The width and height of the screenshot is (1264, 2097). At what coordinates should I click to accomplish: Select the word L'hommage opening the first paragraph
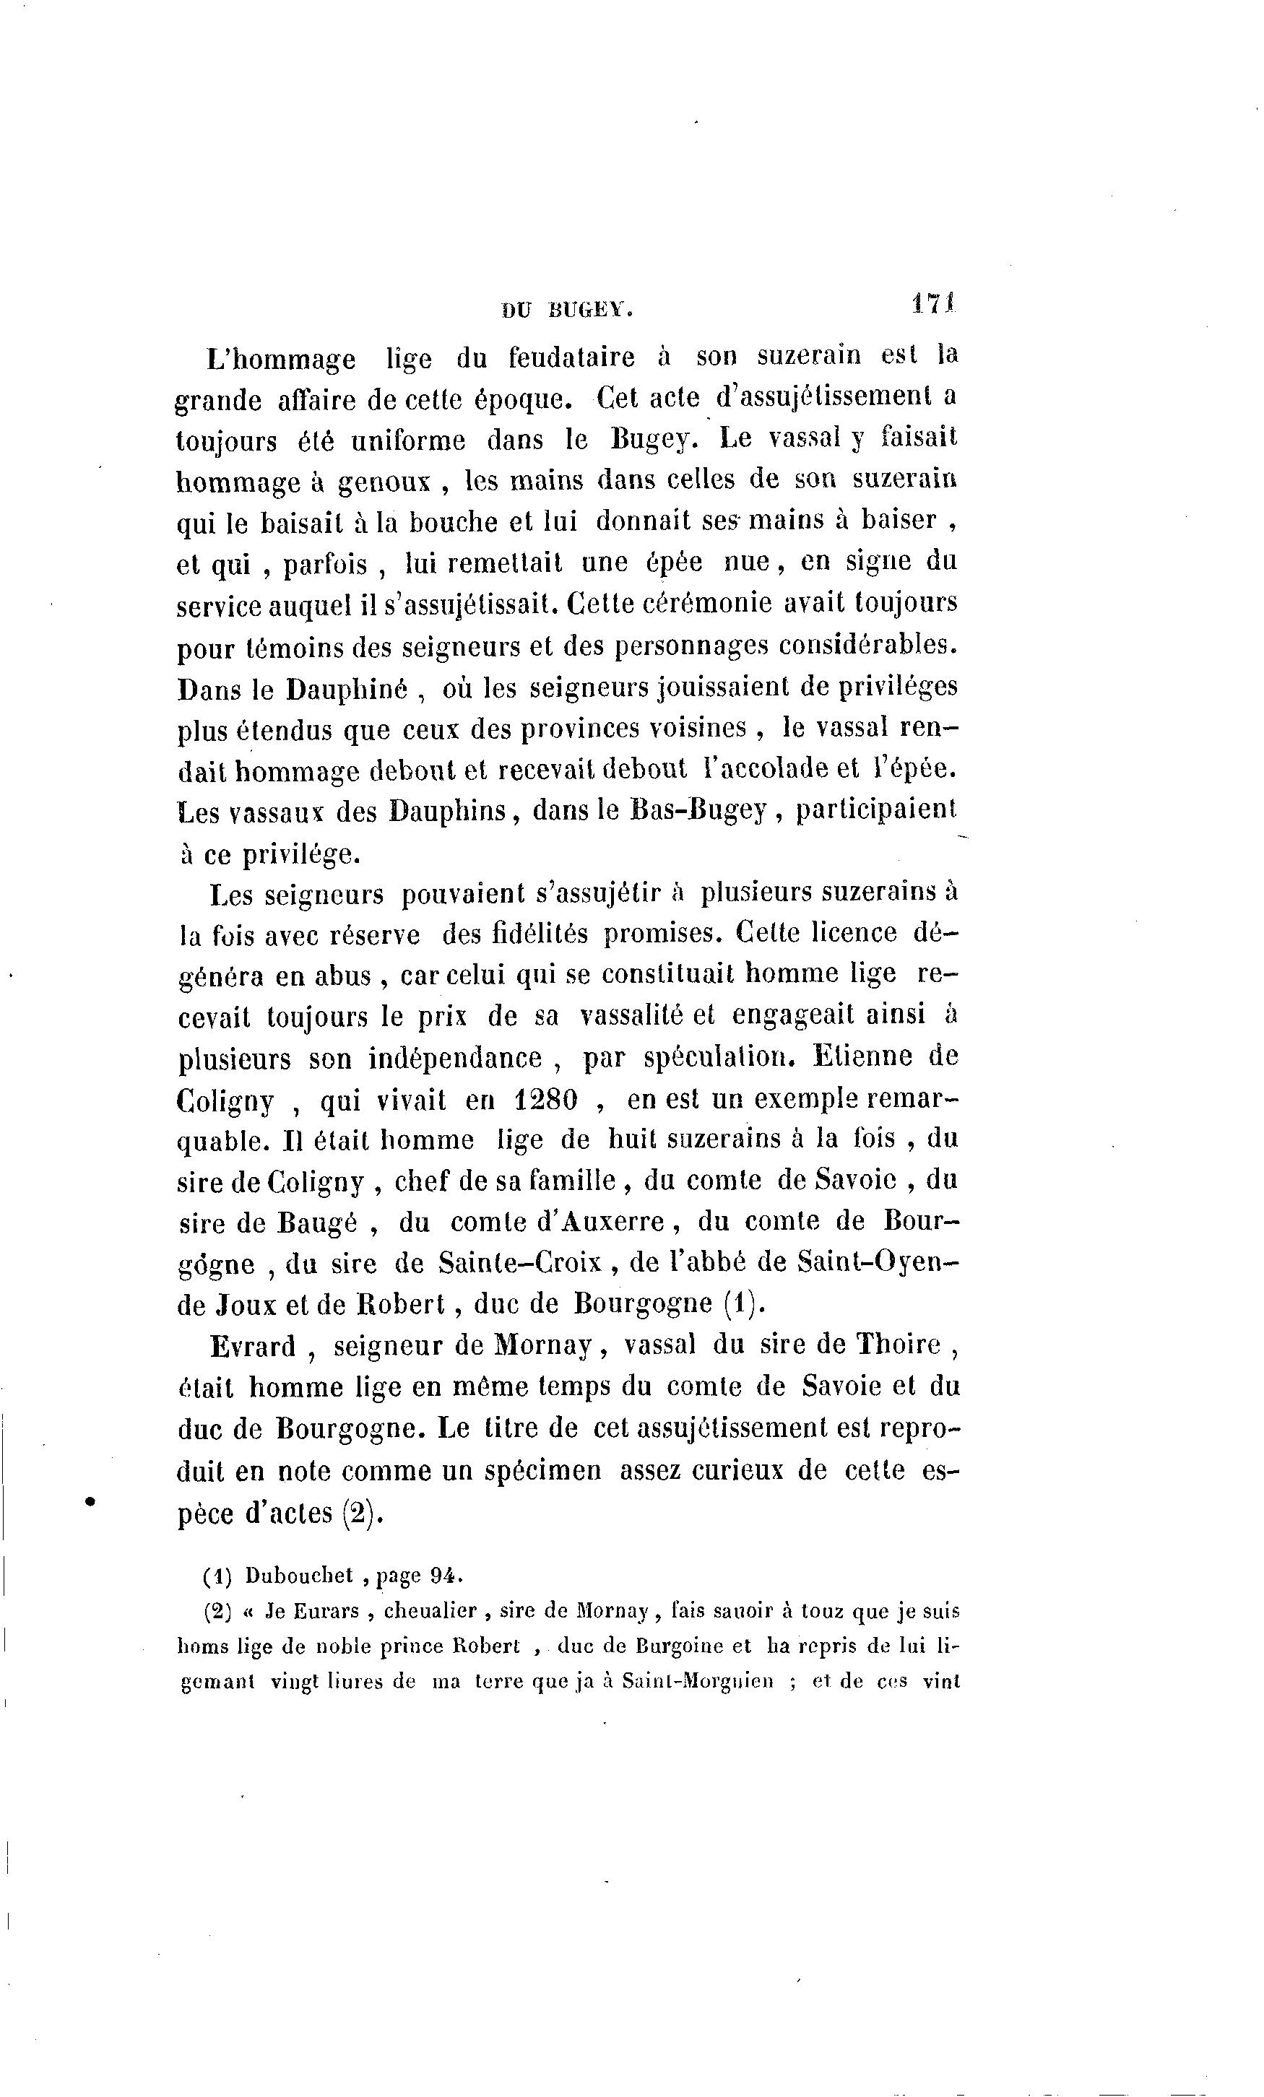click(281, 360)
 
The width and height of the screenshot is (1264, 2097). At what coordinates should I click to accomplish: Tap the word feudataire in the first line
click(571, 357)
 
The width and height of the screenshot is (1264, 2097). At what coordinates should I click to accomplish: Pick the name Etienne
click(864, 1056)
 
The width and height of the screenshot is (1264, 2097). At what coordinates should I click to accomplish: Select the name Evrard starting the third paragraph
click(253, 1346)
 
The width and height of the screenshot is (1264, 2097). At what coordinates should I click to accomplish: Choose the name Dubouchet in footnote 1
click(299, 1576)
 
